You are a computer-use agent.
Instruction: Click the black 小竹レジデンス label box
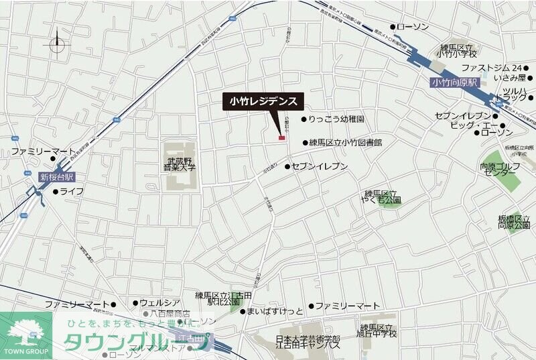[x=263, y=101]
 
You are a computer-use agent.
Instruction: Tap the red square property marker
[x=281, y=138]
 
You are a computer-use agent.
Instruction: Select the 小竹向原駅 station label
[x=454, y=82]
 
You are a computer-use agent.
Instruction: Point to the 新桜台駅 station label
[x=56, y=178]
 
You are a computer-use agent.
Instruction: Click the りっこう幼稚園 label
[x=336, y=119]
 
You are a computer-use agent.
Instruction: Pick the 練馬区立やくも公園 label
[x=383, y=196]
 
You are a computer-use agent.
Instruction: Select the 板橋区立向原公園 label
[x=514, y=223]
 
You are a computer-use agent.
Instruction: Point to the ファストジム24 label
[x=492, y=68]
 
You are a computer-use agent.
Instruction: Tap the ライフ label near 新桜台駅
[x=72, y=192]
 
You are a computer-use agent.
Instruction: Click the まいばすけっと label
[x=275, y=312]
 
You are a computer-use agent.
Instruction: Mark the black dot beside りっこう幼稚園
[x=304, y=119]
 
